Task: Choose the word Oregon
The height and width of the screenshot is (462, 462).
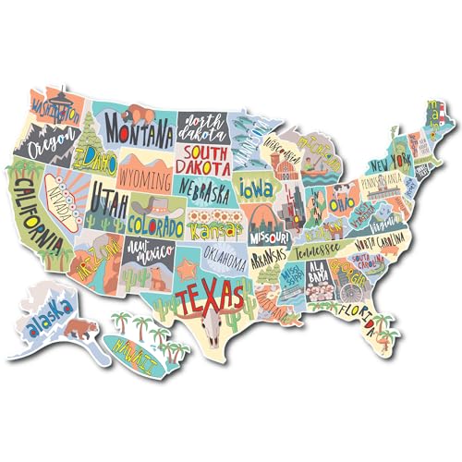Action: [x=53, y=145]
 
